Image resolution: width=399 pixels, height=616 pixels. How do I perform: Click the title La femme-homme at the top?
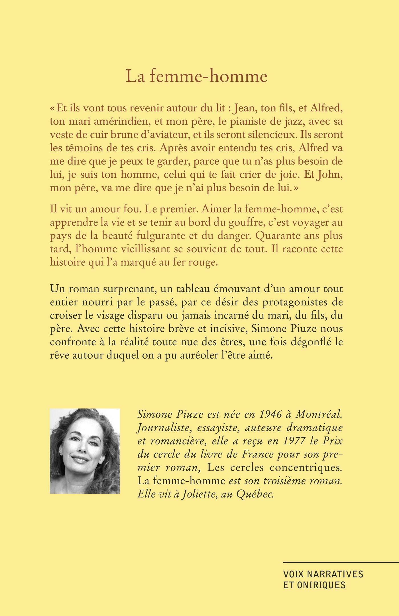point(196,77)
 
